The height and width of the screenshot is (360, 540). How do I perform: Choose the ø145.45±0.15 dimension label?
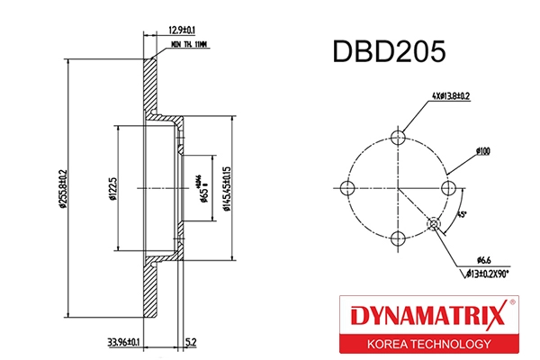231,186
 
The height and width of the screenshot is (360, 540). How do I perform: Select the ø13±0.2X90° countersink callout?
489,271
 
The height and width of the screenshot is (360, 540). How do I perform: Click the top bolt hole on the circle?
398,137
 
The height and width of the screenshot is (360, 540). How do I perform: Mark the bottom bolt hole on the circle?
398,238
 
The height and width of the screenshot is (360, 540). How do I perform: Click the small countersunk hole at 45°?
434,223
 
